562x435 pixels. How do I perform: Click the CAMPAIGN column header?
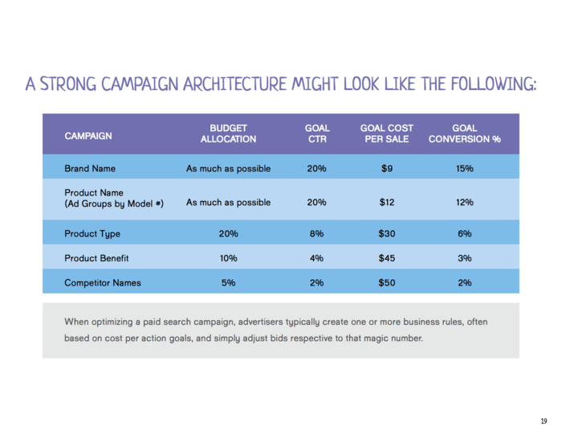tap(88, 136)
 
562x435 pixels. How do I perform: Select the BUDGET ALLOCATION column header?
tap(228, 133)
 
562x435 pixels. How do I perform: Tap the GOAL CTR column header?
tap(316, 133)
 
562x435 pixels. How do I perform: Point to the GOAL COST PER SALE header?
tap(386, 133)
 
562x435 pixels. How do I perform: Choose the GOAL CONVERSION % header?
tap(464, 133)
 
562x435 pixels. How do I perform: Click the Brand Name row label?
tap(90, 169)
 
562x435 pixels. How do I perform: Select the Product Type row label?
tap(92, 234)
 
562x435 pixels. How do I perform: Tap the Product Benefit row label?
tap(96, 258)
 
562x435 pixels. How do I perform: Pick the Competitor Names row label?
tap(101, 283)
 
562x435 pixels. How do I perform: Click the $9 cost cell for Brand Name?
tap(386, 169)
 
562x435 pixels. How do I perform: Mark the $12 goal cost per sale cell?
tap(386, 202)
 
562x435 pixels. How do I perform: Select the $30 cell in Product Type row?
tap(386, 234)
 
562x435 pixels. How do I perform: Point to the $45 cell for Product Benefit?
tap(386, 258)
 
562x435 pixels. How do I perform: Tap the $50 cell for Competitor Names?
tap(386, 283)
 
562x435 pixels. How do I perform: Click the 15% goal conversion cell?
tap(464, 169)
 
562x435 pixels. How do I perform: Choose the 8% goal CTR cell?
tap(316, 234)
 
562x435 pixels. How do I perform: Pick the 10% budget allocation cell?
tap(228, 258)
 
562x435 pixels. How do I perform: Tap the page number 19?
tap(544, 422)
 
